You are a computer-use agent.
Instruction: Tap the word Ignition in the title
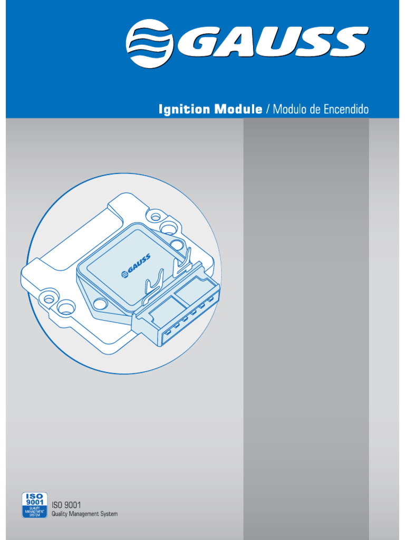182,110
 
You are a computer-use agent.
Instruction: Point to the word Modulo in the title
291,110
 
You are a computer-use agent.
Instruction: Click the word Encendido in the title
346,110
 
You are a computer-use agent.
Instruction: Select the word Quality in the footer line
60,514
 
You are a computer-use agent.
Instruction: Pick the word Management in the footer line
86,514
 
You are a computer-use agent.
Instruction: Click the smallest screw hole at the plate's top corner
156,216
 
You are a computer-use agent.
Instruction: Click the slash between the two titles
268,110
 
